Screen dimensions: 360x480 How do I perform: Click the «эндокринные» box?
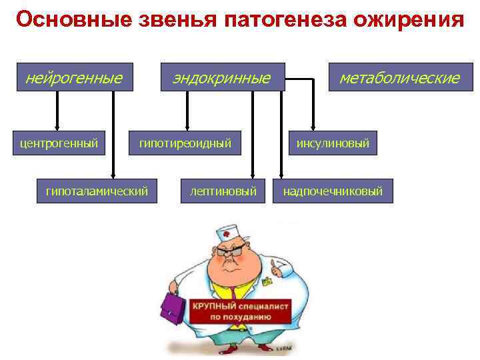point(221,78)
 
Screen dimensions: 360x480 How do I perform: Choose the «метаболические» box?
point(399,78)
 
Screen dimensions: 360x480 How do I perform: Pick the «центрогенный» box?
point(59,143)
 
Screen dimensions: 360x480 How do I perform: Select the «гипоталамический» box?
point(97,191)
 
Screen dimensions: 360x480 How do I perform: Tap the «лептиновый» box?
point(223,191)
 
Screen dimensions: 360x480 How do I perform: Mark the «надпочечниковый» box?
point(333,191)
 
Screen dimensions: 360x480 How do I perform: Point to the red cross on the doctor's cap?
point(227,235)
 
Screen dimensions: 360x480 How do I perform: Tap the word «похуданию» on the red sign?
point(247,317)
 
